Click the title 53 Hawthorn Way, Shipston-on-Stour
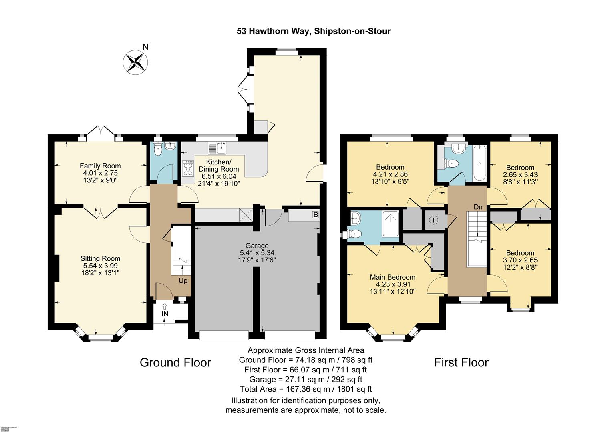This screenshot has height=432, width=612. pyautogui.click(x=313, y=31)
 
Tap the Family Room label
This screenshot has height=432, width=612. pyautogui.click(x=100, y=166)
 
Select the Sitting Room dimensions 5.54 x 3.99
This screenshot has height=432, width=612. pyautogui.click(x=100, y=266)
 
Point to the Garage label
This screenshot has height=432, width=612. pyautogui.click(x=257, y=245)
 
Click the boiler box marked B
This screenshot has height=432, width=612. pyautogui.click(x=315, y=215)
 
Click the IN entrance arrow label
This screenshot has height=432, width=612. pyautogui.click(x=165, y=314)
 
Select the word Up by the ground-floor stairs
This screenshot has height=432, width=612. pyautogui.click(x=183, y=280)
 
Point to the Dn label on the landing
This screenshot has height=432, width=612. pyautogui.click(x=478, y=207)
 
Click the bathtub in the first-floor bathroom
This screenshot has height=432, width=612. pyautogui.click(x=480, y=163)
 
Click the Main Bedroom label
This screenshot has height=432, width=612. pyautogui.click(x=392, y=277)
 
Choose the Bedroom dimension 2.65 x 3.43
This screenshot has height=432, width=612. pyautogui.click(x=520, y=175)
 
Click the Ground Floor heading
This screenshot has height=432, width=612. pyautogui.click(x=175, y=362)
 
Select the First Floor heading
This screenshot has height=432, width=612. pyautogui.click(x=461, y=362)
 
